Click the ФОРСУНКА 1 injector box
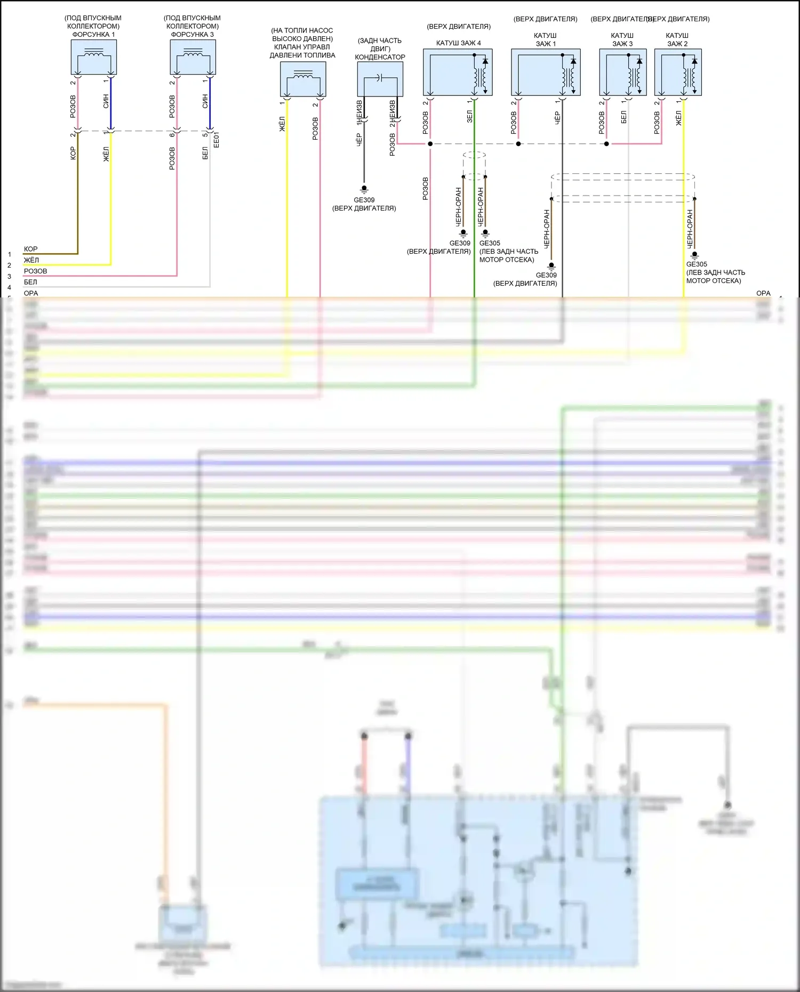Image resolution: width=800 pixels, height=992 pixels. point(94,57)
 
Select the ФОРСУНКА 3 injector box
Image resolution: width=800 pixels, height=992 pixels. point(193,57)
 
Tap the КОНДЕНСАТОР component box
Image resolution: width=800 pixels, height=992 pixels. point(380,79)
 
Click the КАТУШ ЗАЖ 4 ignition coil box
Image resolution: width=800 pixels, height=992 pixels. point(458,72)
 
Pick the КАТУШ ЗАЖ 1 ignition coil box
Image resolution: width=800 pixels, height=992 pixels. point(546,72)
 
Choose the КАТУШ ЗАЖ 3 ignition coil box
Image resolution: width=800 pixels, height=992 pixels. point(622,72)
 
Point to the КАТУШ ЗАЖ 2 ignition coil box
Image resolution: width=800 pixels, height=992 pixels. point(677,72)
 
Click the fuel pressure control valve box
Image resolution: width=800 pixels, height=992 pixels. point(303,79)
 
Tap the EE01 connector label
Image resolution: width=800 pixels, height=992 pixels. point(216,140)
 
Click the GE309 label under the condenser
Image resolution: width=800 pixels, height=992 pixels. point(364,200)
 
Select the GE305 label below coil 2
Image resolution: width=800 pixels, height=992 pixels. point(697,264)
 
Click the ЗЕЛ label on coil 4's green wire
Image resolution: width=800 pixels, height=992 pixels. point(469,117)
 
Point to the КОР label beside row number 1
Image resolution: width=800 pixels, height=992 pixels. point(30,249)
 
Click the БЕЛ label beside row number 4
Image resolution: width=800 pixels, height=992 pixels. point(30,282)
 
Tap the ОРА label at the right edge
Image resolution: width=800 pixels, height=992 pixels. point(763,293)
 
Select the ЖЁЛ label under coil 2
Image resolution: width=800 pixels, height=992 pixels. point(678,118)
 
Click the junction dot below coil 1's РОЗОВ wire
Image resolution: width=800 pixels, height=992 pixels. point(518,144)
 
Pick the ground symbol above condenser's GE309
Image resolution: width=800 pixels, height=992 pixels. point(364,189)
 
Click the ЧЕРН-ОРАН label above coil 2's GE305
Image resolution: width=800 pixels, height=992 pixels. point(690,229)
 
